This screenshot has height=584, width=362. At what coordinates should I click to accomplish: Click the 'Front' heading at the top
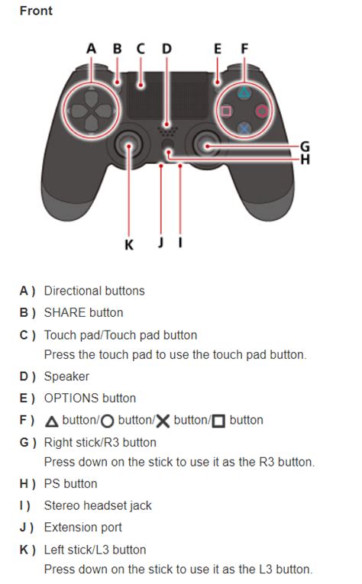click(x=36, y=11)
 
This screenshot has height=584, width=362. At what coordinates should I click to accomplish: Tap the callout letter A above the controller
click(x=92, y=49)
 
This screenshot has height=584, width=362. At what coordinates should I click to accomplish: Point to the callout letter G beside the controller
click(x=305, y=146)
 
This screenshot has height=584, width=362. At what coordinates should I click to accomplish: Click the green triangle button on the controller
click(x=244, y=93)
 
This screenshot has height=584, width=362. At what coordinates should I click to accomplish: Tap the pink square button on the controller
click(x=226, y=111)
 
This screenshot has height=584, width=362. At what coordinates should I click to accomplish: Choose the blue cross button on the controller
click(x=244, y=128)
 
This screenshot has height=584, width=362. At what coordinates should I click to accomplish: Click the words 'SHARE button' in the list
click(x=83, y=312)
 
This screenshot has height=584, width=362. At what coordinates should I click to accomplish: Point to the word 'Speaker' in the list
click(x=66, y=376)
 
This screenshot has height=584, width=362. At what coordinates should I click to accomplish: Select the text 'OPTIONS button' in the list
click(x=90, y=398)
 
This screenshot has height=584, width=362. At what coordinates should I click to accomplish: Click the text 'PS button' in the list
click(x=71, y=483)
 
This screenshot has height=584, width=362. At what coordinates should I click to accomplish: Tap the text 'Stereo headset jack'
click(x=98, y=505)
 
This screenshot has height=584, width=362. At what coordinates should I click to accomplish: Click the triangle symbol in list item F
click(x=51, y=421)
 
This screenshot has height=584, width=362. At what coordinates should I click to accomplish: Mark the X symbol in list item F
click(x=163, y=421)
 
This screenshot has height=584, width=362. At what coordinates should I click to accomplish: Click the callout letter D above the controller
click(x=166, y=49)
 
